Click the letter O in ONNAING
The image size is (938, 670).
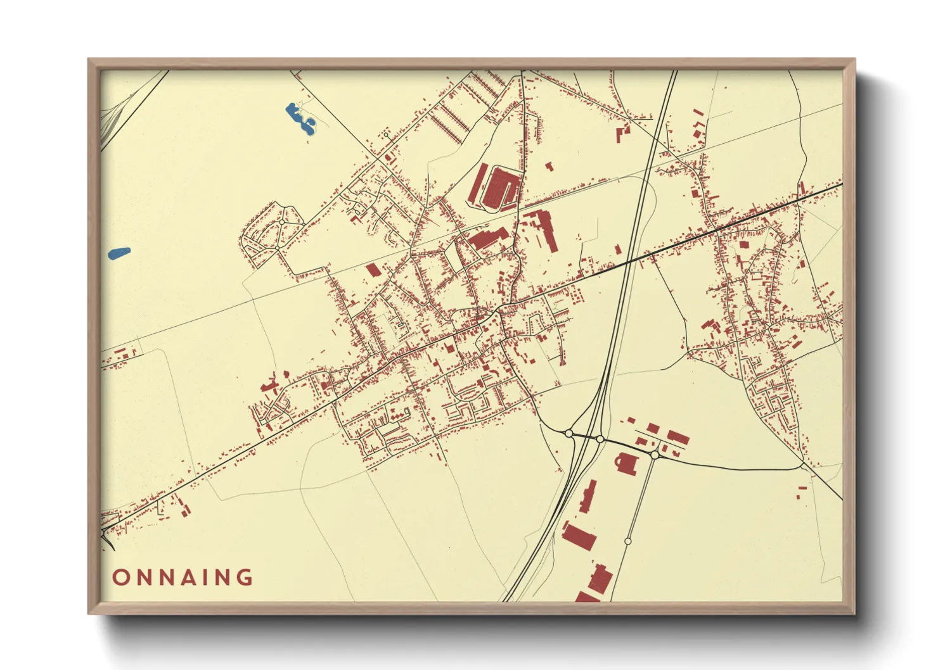coord(120,578)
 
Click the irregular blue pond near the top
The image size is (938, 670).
coord(300,118)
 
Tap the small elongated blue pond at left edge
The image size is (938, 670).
coord(119,253)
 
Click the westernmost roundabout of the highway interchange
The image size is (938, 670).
coord(569,433)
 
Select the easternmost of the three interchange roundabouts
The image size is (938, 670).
coord(655,455)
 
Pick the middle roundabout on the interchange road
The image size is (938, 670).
coord(600,439)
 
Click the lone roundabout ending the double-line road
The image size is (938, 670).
coord(627,541)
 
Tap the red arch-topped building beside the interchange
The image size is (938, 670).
coord(626,463)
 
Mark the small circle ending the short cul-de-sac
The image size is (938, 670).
coord(386,134)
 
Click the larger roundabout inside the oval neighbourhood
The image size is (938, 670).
coord(281,223)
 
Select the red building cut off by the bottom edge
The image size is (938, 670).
coord(587,597)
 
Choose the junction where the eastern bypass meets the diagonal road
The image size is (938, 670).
coord(803,466)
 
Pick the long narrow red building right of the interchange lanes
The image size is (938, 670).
coord(588,496)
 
